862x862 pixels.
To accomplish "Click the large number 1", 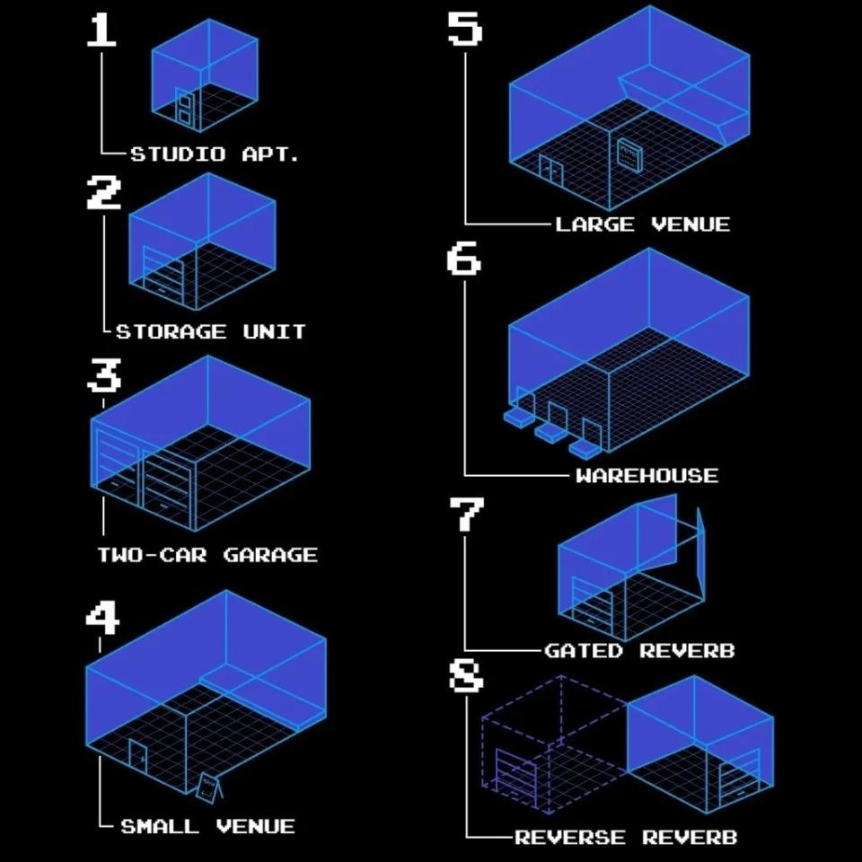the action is (101, 31).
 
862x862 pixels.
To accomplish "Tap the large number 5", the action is (464, 29).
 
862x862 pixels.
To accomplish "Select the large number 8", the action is (466, 675).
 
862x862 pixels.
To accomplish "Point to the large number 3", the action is (104, 375).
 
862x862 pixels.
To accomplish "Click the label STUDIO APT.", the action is (215, 154).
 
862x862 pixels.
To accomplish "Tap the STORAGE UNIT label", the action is (210, 331).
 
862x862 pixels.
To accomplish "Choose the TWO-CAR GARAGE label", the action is (207, 555).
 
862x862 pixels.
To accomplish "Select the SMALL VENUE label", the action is (207, 826).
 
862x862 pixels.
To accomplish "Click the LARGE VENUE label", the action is (643, 224).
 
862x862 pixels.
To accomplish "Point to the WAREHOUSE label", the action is (647, 476).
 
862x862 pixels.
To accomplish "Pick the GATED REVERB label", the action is (639, 651).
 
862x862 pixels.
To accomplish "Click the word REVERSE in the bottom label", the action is (570, 837).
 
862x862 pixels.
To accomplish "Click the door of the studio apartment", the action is (185, 108).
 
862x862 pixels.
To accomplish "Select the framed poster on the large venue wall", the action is (629, 155).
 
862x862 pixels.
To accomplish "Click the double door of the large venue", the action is (551, 170).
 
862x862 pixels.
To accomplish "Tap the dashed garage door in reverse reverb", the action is (515, 774).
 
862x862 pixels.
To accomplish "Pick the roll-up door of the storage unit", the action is (163, 275).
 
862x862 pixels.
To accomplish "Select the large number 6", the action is (463, 259).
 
